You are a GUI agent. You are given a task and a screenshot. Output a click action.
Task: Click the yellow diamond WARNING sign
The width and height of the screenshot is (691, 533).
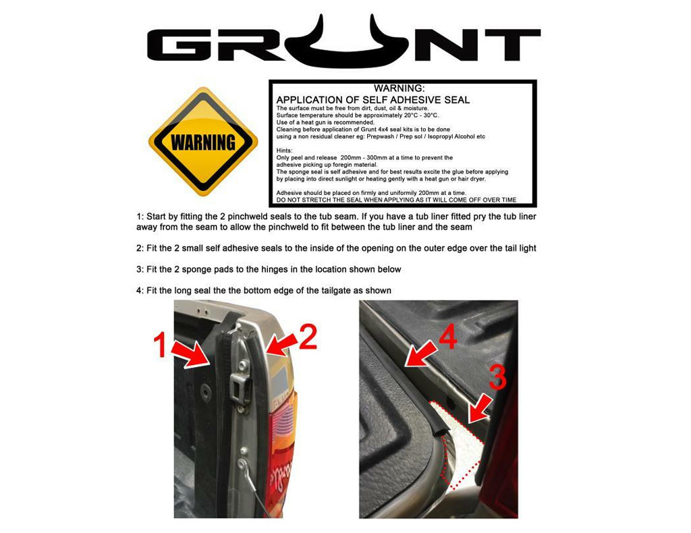pos(202,142)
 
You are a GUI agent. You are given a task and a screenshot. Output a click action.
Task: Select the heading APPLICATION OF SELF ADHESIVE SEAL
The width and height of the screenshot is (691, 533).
pos(373,100)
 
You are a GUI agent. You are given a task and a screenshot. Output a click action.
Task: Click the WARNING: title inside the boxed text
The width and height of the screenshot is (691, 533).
pos(399,88)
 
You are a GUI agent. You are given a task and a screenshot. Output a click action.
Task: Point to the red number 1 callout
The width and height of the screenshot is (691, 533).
pos(160,346)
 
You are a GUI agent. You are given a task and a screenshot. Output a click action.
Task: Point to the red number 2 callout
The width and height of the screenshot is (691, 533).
pos(308,337)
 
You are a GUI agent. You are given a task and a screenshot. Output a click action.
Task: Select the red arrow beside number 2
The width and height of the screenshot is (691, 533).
pos(276,343)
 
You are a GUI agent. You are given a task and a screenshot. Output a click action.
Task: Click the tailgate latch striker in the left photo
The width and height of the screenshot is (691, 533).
pos(240,389)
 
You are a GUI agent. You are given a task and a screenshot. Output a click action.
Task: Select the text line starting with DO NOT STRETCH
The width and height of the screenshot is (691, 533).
pos(397,200)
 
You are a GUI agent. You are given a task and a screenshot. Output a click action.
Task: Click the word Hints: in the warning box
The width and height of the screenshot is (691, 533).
pos(285,150)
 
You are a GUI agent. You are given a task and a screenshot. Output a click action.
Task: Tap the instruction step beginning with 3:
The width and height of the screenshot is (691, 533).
pos(269,269)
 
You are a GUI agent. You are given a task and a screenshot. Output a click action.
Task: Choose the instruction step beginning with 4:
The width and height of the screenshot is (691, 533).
pos(263,290)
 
